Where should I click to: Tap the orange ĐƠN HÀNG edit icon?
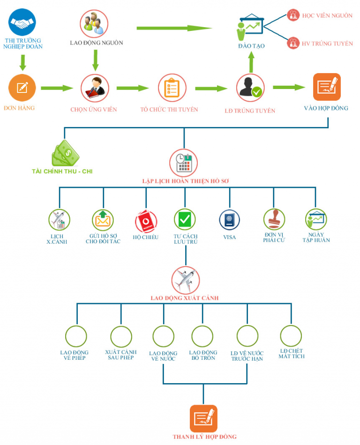pos(22,88)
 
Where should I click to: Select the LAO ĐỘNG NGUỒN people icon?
pos(94,23)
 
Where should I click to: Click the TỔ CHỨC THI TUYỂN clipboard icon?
pos(172,88)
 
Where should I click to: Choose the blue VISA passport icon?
pos(229,219)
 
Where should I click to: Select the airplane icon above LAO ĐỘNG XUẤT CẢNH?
pos(185,280)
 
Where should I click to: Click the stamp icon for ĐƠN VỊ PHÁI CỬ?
pos(274,219)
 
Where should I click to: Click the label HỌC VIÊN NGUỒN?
pos(327,15)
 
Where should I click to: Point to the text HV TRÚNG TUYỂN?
pos(327,44)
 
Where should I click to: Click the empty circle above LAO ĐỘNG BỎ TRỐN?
pos(203,336)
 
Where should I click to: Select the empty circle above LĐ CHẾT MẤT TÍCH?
pos(291,336)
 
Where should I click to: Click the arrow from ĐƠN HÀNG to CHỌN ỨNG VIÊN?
pos(57,88)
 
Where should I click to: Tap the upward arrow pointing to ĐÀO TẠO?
pos(251,61)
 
